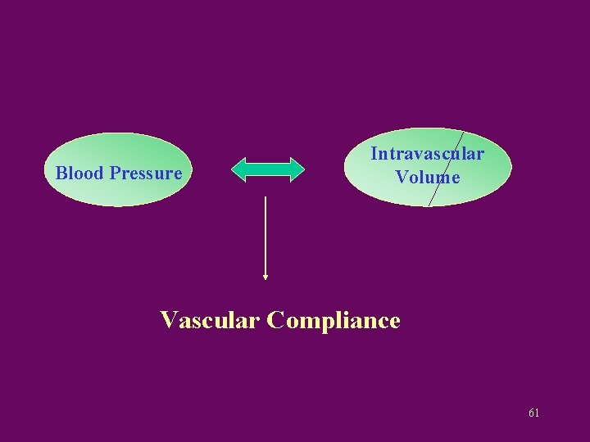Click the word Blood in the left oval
pyautogui.click(x=79, y=174)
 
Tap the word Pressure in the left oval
pyautogui.click(x=145, y=174)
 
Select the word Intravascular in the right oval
pyautogui.click(x=427, y=154)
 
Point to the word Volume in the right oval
pyautogui.click(x=427, y=177)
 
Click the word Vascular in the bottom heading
pyautogui.click(x=210, y=320)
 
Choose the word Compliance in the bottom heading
pyautogui.click(x=334, y=320)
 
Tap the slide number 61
pyautogui.click(x=533, y=413)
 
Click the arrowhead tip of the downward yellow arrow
pyautogui.click(x=265, y=278)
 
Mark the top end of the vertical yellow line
pyautogui.click(x=265, y=197)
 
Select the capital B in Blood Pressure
pyautogui.click(x=61, y=174)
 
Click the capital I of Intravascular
pyautogui.click(x=374, y=154)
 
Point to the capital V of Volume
pyautogui.click(x=402, y=177)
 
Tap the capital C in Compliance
pyautogui.click(x=277, y=320)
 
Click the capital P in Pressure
pyautogui.click(x=115, y=174)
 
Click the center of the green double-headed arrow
pyautogui.click(x=268, y=169)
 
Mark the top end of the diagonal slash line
pyautogui.click(x=463, y=132)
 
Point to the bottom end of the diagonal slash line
pyautogui.click(x=430, y=205)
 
